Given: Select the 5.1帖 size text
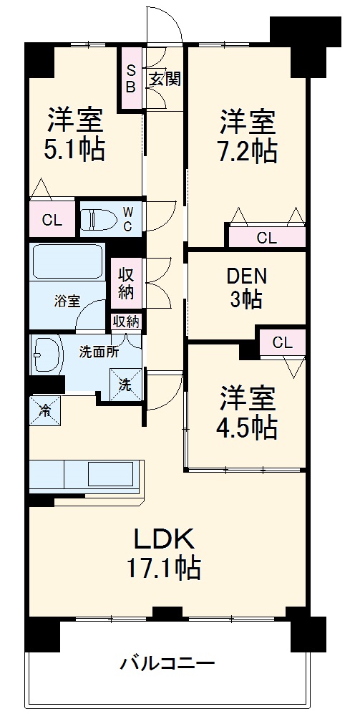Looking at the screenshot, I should tap(75, 149).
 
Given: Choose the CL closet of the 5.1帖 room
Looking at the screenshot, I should tap(52, 220).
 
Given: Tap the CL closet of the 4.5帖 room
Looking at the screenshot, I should tap(282, 342).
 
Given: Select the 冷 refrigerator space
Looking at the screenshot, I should tap(44, 411).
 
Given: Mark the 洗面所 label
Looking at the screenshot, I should tap(99, 352).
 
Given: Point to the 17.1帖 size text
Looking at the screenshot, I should tap(163, 569).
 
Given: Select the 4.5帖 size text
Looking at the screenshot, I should tap(248, 428).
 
